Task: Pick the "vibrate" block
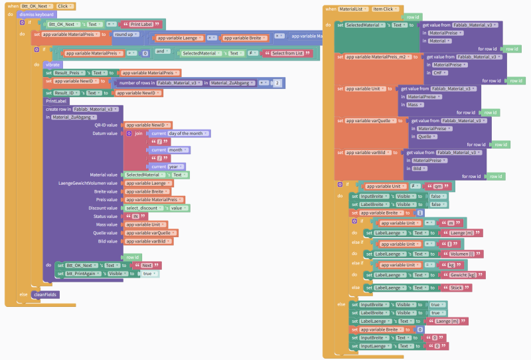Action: coord(53,64)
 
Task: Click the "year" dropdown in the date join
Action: coord(177,166)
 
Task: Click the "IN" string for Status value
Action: coord(136,217)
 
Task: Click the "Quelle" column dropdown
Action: coord(425,136)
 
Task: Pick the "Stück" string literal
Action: coord(459,287)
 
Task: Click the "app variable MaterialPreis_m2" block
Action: coord(378,56)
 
